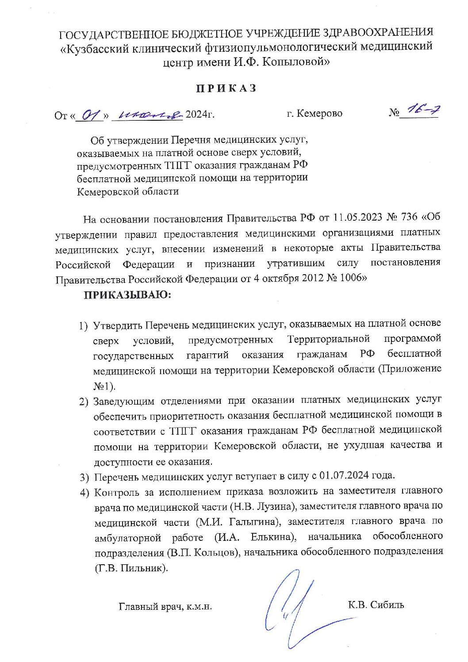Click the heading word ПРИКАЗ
click(226, 88)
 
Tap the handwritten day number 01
click(90, 115)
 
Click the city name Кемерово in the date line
click(319, 114)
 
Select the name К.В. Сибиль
click(376, 605)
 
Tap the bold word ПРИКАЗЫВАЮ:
click(127, 295)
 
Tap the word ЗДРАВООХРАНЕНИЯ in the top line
click(378, 32)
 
